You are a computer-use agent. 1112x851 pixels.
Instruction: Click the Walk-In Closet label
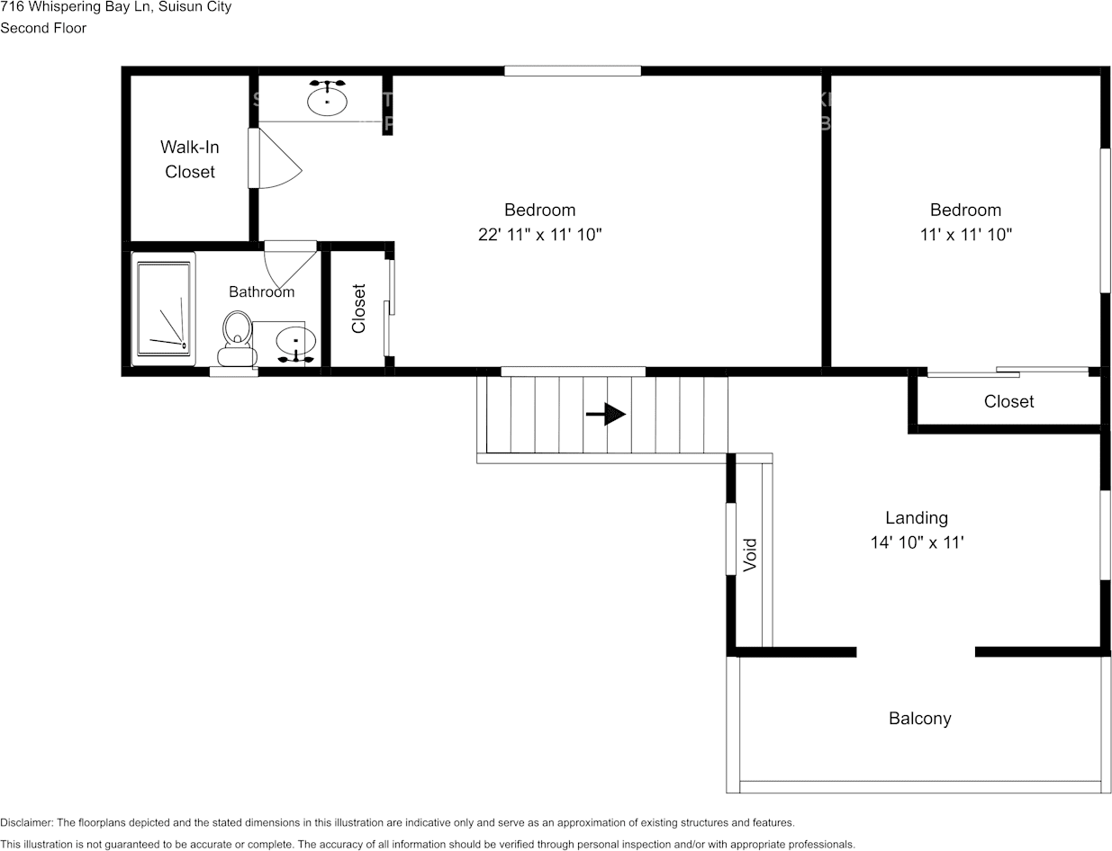tap(189, 159)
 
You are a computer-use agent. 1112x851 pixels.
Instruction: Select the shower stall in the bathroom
tap(163, 309)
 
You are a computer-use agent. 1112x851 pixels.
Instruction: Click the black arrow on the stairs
tap(606, 414)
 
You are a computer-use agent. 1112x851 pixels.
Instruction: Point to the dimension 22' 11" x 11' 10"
tap(539, 235)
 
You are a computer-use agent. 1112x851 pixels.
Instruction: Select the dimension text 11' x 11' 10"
tap(965, 235)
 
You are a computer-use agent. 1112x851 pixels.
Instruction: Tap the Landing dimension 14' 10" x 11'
tap(917, 542)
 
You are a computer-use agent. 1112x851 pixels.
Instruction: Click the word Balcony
tap(919, 718)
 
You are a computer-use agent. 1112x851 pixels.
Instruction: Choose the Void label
tap(750, 554)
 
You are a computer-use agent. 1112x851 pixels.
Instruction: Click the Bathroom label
tap(261, 291)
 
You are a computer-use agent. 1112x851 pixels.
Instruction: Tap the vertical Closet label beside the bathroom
tap(358, 309)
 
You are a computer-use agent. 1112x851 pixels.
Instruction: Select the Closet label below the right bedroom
tap(1008, 401)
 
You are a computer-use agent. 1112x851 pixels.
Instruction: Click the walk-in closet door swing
tap(277, 159)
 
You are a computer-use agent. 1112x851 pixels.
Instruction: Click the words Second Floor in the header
tap(43, 28)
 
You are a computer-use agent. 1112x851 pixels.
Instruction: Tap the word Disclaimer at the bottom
tap(26, 822)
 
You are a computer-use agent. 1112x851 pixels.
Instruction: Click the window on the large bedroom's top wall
tap(572, 71)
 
